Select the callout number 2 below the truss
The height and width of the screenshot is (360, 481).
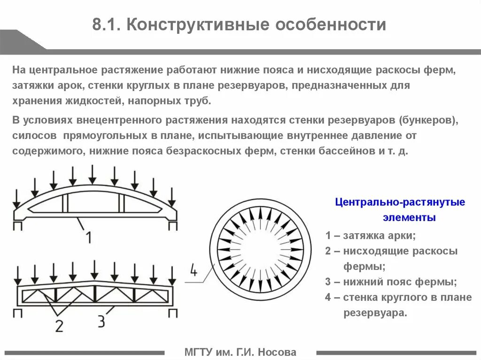pos(59,325)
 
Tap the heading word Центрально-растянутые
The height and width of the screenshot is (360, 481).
pos(400,202)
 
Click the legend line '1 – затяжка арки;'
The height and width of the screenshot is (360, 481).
pos(371,236)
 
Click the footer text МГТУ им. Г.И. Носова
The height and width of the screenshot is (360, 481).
pos(240,352)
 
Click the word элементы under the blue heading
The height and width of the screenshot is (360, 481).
pos(409,218)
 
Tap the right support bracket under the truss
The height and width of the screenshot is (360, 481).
pos(173,313)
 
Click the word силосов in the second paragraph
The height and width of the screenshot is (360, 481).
pos(32,136)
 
